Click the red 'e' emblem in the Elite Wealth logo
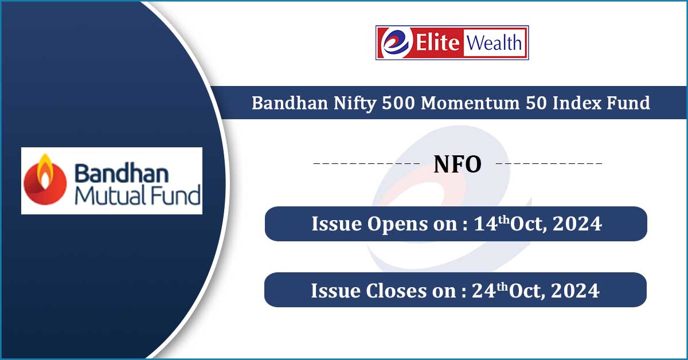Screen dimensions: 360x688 pos(394,43)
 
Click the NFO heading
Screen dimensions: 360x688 pos(457,165)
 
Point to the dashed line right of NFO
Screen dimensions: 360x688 pos(549,165)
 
